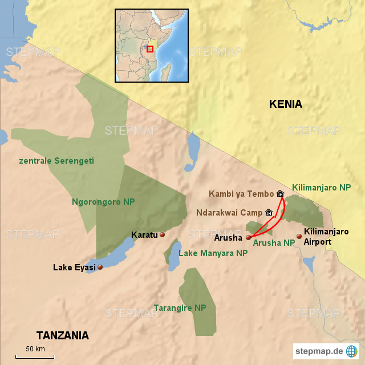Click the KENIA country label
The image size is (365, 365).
285,104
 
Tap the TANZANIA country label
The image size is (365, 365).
63,335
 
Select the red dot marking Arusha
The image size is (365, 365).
248,237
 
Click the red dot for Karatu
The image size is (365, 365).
162,234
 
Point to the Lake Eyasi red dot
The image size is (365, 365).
100,267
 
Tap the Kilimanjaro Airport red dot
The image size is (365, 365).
299,236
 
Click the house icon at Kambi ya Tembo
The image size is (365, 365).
280,194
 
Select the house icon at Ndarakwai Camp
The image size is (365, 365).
269,213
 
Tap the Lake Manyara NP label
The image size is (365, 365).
213,253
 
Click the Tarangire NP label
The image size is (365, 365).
180,307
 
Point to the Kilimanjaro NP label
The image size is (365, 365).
321,187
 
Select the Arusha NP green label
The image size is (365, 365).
274,242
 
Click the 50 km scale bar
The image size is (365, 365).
35,357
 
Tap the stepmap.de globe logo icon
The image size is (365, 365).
352,351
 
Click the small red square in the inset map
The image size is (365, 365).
150,49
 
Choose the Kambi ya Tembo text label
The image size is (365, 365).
241,194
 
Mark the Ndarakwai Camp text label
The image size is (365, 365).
229,213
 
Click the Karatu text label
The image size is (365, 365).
144,234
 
